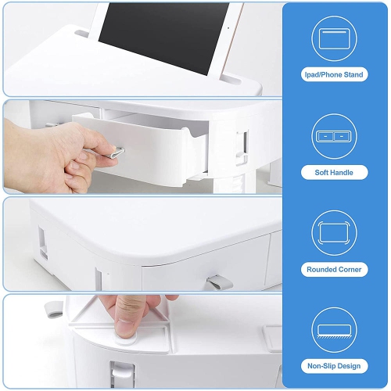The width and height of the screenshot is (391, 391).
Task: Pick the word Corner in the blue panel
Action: click(350, 269)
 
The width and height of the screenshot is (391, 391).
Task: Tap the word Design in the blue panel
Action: click(350, 365)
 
